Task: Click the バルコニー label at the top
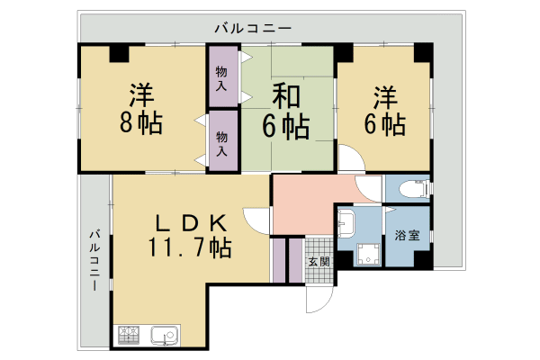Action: click(x=253, y=29)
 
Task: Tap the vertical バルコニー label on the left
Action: click(x=93, y=261)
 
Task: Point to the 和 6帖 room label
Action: click(x=286, y=110)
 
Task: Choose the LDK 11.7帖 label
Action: click(x=190, y=235)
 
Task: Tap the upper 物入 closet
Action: click(x=222, y=76)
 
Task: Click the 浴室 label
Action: click(x=407, y=236)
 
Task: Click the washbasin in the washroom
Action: click(x=347, y=225)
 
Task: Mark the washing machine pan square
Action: click(x=367, y=256)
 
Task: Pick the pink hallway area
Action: click(x=301, y=205)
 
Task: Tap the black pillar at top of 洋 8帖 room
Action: click(x=120, y=53)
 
